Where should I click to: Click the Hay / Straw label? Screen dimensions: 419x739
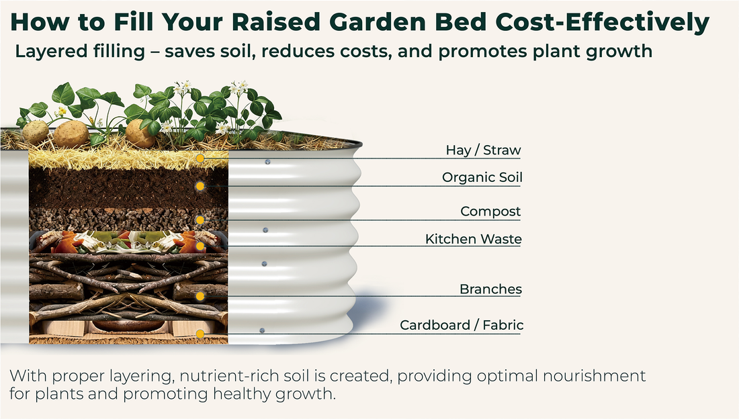483,150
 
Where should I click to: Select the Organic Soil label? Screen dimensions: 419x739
482,178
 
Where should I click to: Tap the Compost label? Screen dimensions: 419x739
490,212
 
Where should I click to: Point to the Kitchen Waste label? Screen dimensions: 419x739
473,239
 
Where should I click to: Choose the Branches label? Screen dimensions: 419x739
490,290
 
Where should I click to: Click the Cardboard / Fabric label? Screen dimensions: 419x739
462,326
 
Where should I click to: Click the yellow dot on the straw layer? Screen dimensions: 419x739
200,158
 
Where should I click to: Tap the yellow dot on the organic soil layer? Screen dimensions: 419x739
200,186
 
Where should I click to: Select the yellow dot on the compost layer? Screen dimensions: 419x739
200,220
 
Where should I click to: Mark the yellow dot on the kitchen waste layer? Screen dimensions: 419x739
200,246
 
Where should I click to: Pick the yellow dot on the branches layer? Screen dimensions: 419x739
200,296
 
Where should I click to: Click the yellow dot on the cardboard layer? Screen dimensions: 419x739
200,334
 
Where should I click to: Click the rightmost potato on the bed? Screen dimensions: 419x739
140,133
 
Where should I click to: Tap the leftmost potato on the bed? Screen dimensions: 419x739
35,132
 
